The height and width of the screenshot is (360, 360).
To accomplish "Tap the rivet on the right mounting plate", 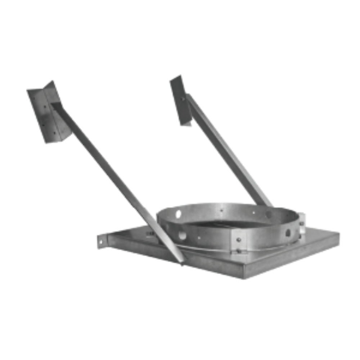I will click(x=183, y=98).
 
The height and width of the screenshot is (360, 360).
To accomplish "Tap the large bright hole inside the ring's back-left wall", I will click(x=178, y=214).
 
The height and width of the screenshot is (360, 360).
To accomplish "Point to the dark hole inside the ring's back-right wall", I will click(x=269, y=215).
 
